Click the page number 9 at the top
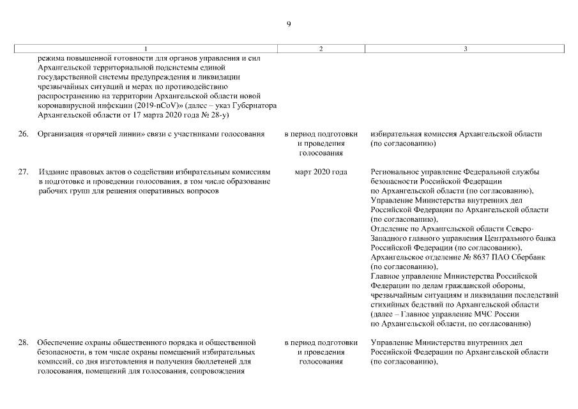(x=289, y=24)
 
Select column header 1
(x=145, y=49)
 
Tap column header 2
(x=321, y=49)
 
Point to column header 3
(x=465, y=49)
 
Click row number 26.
(x=23, y=134)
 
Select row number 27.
(x=23, y=173)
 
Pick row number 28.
(x=23, y=343)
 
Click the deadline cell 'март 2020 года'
(x=321, y=173)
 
